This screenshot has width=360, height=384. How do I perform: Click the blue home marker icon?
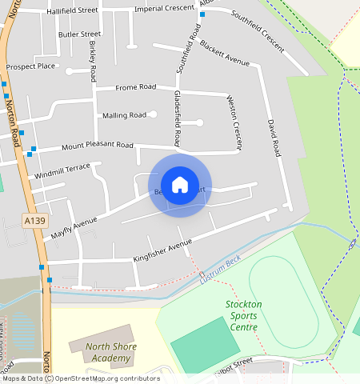point(180,185)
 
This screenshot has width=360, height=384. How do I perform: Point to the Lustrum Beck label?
point(220,277)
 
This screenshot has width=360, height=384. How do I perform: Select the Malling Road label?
point(124,115)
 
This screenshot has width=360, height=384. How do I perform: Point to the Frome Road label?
point(135,86)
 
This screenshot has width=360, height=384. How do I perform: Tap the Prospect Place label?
point(30,66)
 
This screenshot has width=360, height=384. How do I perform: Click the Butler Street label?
point(80,34)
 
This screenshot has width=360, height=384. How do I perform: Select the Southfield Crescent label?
point(258,32)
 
